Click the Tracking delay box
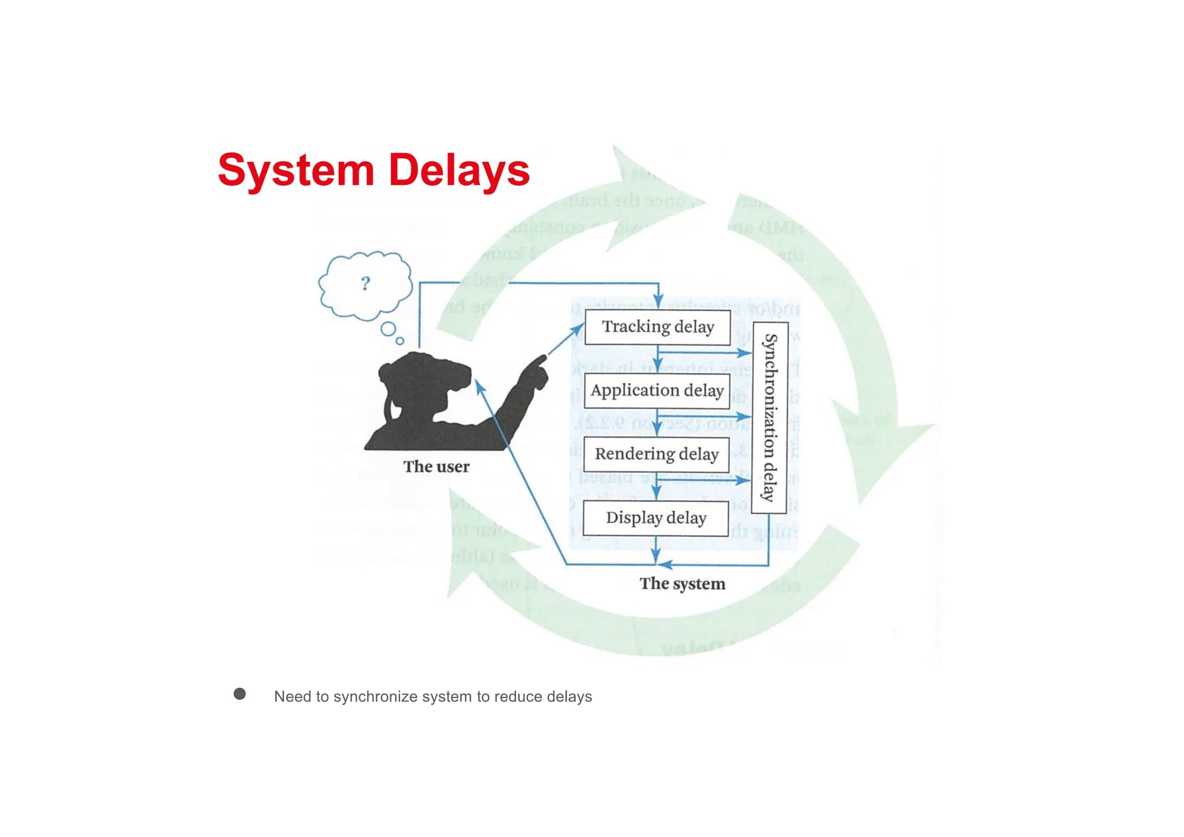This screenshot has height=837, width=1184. pyautogui.click(x=657, y=327)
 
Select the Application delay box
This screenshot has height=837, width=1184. pyautogui.click(x=657, y=391)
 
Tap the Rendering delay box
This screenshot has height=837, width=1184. pyautogui.click(x=656, y=454)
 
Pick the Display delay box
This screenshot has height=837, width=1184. pyautogui.click(x=656, y=518)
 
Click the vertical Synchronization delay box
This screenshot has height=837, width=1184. pyautogui.click(x=769, y=418)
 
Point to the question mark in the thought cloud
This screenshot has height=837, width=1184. pyautogui.click(x=365, y=283)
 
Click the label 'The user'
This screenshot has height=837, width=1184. pyautogui.click(x=436, y=466)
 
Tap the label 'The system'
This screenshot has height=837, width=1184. pyautogui.click(x=682, y=584)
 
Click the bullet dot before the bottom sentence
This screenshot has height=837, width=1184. pyautogui.click(x=239, y=694)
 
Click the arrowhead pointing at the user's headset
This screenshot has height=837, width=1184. pyautogui.click(x=479, y=386)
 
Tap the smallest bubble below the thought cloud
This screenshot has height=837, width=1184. pyautogui.click(x=399, y=341)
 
